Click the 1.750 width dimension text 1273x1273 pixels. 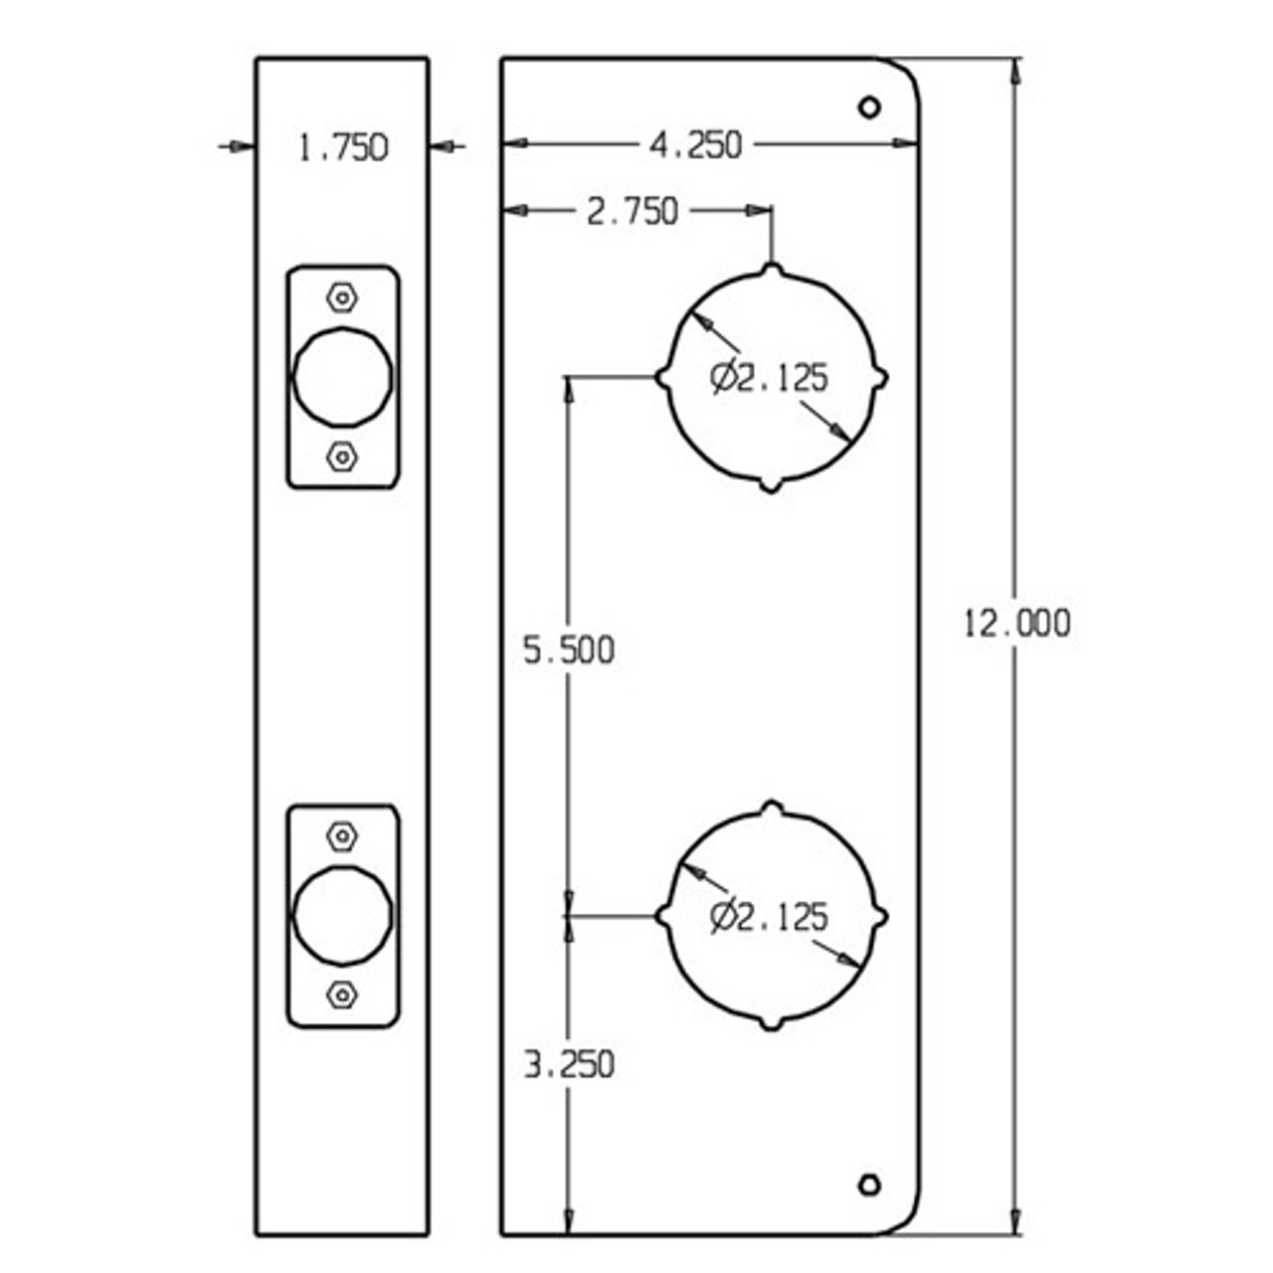tap(343, 148)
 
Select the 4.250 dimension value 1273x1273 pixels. tap(695, 145)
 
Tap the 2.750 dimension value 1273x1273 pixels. tap(632, 212)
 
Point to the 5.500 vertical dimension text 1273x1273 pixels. tap(569, 650)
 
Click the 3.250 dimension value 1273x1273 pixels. tap(569, 1065)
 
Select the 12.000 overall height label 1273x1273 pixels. tap(1016, 624)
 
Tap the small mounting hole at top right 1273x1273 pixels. tap(869, 106)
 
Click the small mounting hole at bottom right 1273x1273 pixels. tap(869, 1184)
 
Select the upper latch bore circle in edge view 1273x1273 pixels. tap(342, 376)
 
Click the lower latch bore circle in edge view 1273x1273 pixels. tap(342, 915)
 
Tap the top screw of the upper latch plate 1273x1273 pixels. tap(342, 297)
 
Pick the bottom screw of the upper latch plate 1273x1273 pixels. tap(342, 456)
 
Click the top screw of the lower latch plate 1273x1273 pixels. tap(342, 836)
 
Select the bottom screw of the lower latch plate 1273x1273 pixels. tap(342, 995)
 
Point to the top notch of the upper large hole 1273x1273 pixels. tap(772, 270)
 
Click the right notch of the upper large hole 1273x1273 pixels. tap(880, 379)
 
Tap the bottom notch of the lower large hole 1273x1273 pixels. tap(772, 1023)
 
